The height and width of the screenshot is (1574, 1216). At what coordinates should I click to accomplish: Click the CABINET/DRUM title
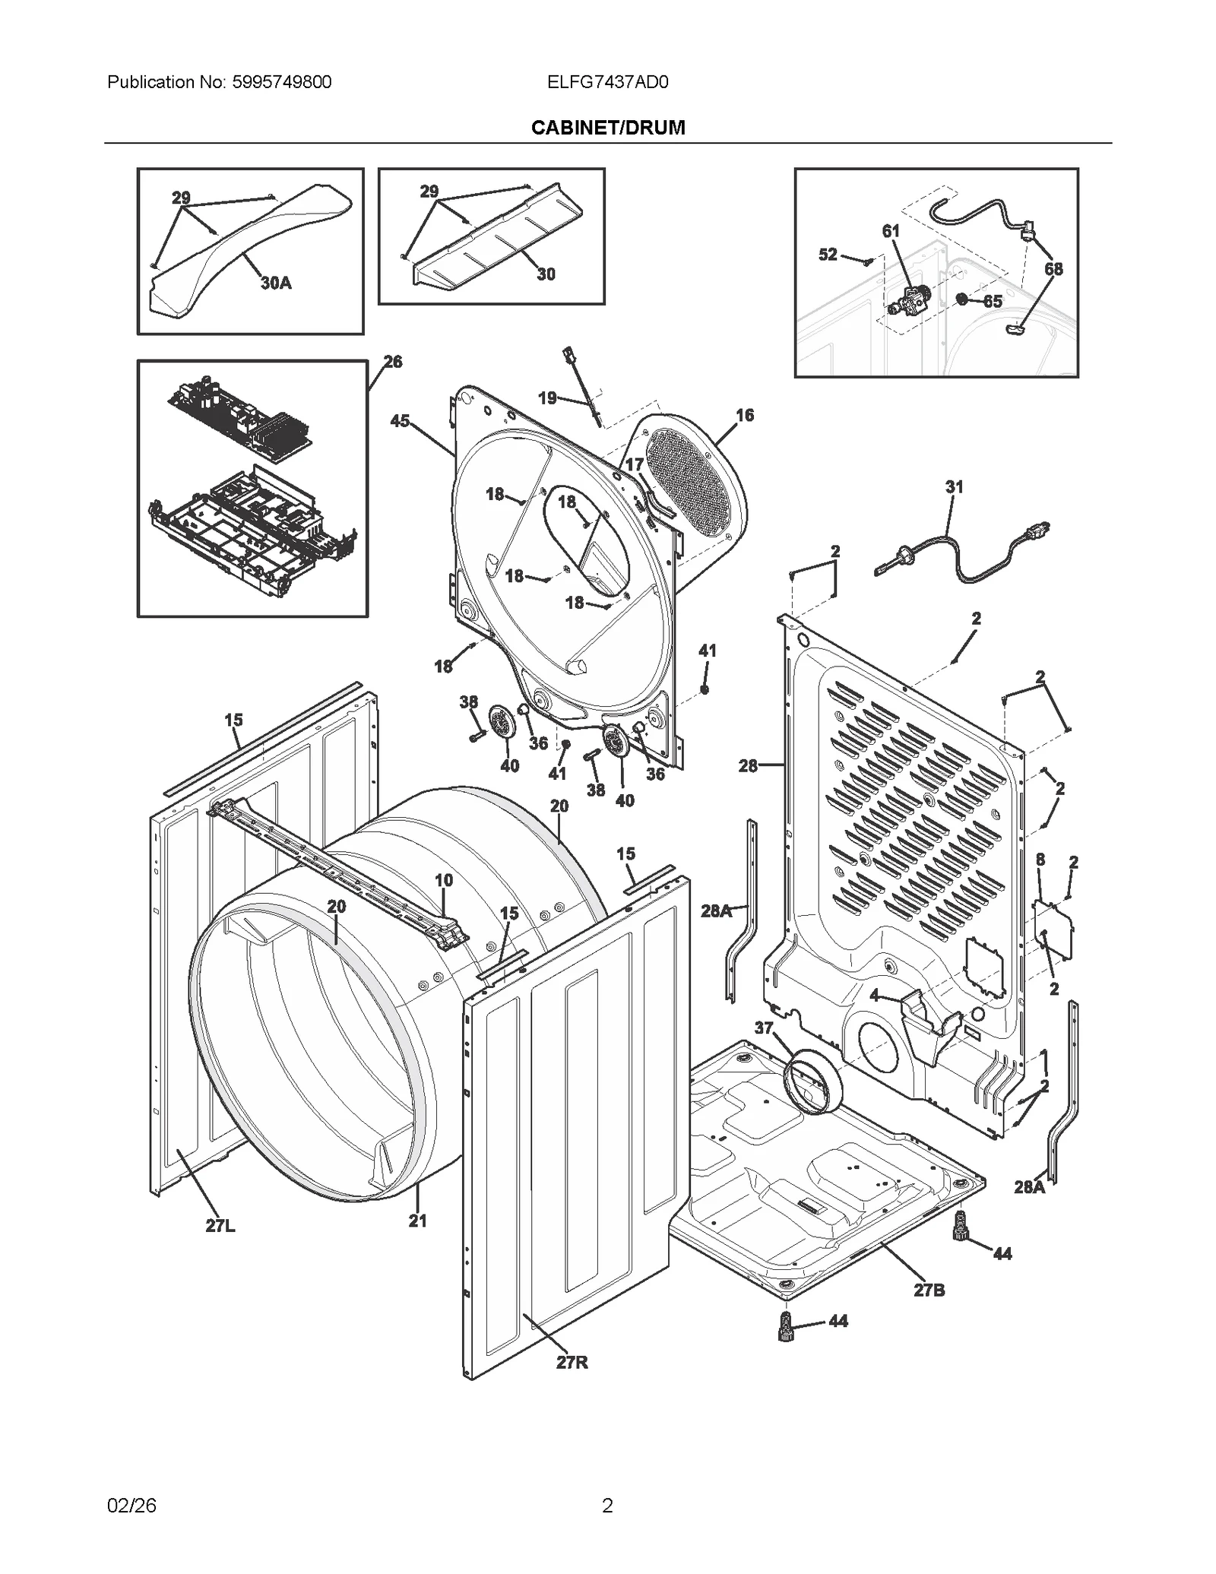click(x=607, y=128)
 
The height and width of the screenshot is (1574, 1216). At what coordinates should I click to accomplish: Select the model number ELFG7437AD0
click(x=607, y=82)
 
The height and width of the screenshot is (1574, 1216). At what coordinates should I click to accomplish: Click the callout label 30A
click(x=276, y=283)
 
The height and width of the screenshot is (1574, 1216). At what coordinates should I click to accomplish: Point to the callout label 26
click(x=392, y=362)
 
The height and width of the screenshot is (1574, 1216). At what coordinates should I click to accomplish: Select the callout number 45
click(x=400, y=421)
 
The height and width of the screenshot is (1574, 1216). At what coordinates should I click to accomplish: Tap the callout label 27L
click(x=220, y=1226)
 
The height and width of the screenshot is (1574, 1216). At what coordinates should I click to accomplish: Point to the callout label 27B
click(x=929, y=1290)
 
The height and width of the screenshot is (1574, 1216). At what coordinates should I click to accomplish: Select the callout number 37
click(x=764, y=1028)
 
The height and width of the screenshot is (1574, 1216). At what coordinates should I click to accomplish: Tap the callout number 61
click(x=891, y=231)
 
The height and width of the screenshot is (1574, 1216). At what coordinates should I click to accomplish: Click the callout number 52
click(x=828, y=255)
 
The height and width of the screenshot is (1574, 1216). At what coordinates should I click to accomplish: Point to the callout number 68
click(x=1053, y=269)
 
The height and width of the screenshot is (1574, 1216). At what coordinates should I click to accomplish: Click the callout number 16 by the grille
click(x=745, y=415)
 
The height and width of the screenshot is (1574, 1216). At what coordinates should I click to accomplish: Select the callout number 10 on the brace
click(x=444, y=880)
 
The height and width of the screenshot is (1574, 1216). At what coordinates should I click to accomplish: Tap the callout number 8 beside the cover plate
click(x=1040, y=860)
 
